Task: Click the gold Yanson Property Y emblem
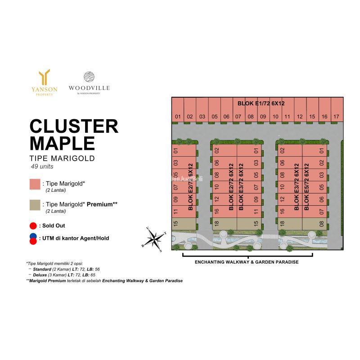[x=45, y=77]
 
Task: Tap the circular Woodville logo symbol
[x=89, y=77]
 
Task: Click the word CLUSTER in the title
[x=74, y=126]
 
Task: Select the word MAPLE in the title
[x=62, y=143]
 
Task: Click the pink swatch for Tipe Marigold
[x=35, y=184]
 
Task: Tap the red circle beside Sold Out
[x=33, y=225]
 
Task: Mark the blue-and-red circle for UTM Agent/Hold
[x=33, y=239]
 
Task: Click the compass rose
[x=155, y=238]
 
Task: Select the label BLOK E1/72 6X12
[x=261, y=103]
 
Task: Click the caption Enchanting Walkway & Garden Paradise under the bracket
[x=247, y=262]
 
